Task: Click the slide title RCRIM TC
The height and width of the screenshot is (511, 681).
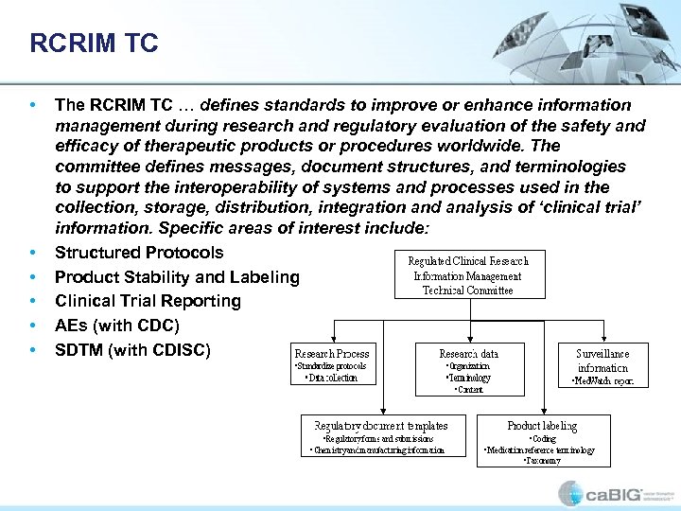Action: (94, 43)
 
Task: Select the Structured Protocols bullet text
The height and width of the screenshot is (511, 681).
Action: (139, 253)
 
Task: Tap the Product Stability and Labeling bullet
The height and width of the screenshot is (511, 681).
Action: (177, 277)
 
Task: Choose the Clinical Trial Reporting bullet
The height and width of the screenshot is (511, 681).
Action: (148, 301)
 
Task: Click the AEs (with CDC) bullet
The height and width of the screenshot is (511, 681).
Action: (117, 326)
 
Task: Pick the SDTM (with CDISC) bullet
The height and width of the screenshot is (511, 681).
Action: (132, 350)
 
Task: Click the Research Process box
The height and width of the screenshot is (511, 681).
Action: (332, 353)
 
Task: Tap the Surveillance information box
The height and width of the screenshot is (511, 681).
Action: (602, 361)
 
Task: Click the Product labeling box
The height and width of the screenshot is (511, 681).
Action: (542, 426)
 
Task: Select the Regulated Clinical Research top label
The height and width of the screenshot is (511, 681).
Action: (468, 261)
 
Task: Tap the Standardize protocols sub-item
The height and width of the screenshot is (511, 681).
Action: (331, 365)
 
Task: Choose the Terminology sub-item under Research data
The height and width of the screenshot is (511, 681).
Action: (468, 378)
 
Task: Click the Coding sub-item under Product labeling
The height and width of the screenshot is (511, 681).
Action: (543, 439)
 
